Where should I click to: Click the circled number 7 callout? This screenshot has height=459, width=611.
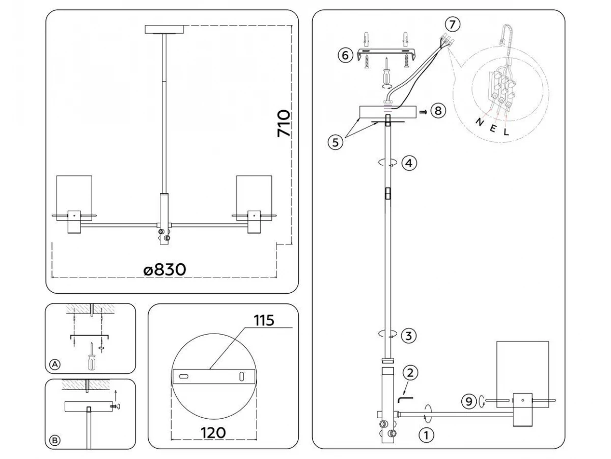point(452,24)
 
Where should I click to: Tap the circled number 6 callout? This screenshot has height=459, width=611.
point(345,55)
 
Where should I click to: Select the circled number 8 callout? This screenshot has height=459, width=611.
point(437,111)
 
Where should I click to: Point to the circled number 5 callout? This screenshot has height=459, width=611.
point(335,142)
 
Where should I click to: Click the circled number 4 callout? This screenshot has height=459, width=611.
point(409,163)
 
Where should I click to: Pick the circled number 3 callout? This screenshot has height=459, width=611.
point(409,336)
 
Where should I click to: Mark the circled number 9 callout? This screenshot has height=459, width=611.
point(470,401)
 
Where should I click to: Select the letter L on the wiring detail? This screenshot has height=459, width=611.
point(506,131)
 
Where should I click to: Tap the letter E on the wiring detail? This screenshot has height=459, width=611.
point(492,127)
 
